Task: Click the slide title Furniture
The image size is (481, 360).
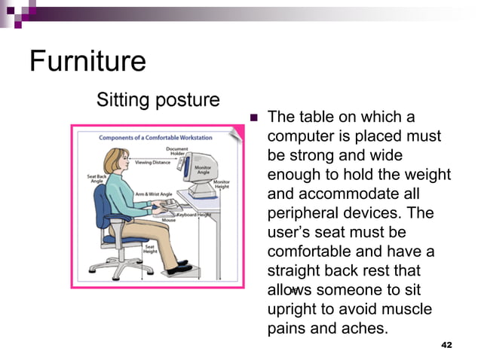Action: pos(87,61)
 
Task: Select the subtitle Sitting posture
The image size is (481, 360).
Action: pos(158,99)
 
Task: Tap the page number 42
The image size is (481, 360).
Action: pos(446,344)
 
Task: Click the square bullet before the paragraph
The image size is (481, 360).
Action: pos(253,117)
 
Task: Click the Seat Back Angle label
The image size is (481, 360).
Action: pos(97,178)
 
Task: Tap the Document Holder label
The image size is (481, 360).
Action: pos(178,151)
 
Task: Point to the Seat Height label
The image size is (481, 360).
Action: pos(150,249)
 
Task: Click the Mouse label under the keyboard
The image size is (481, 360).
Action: pos(168,220)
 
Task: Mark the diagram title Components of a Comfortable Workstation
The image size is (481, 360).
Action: pos(155,138)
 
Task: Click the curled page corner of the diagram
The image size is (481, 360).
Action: pos(237,133)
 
